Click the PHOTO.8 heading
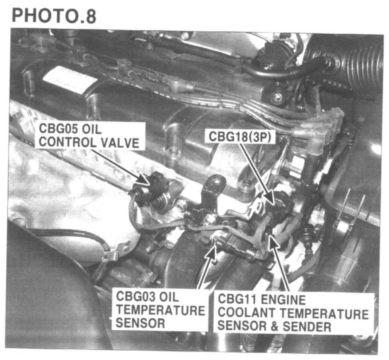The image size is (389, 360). point(54,16)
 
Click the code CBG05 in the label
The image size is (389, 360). point(59,129)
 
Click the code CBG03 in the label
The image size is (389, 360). point(135,297)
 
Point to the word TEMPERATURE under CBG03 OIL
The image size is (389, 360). point(161,310)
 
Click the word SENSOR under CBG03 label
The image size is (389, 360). point(140,324)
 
